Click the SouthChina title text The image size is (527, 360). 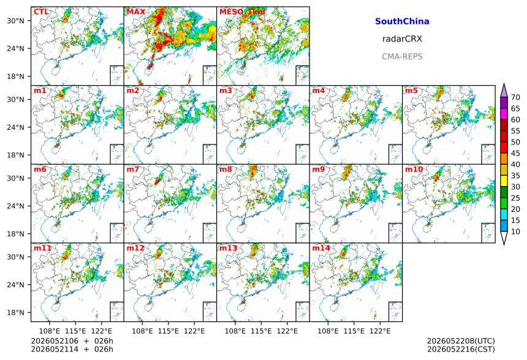coord(402,21)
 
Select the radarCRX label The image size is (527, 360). coord(402,39)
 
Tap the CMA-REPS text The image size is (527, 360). coord(402,56)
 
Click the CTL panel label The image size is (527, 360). coord(41,12)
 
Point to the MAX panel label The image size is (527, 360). coord(136,12)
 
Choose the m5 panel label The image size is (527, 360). coord(411,91)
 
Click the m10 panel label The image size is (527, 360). coord(414,169)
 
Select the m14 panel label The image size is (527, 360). coord(321,248)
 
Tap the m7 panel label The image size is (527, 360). coord(133,169)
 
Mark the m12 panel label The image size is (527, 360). coord(135,248)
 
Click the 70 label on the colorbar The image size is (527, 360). coord(515,97)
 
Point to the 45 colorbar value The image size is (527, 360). coord(515,153)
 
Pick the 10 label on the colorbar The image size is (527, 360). coord(515,231)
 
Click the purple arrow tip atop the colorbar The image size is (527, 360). coord(504,84)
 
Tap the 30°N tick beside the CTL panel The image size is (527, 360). coord(15,21)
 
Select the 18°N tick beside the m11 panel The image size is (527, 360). coord(15,313)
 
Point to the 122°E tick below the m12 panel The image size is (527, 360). coord(194,331)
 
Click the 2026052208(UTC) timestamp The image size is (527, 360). coord(461,341)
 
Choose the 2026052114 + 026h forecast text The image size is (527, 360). coord(72,349)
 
